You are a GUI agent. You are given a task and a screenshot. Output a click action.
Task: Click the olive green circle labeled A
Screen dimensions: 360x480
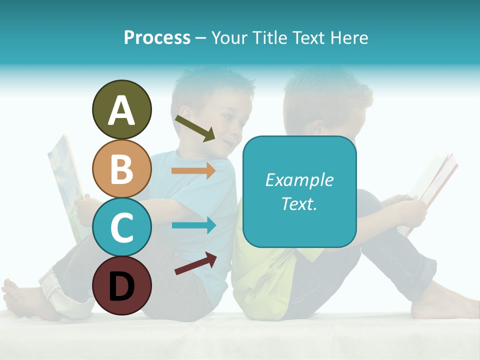(x=121, y=109)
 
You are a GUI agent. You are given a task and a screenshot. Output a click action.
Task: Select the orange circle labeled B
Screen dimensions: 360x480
(x=121, y=168)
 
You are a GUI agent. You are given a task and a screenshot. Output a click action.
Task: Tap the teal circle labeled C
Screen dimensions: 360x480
(x=121, y=227)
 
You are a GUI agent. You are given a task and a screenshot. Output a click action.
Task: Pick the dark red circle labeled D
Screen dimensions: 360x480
(x=121, y=285)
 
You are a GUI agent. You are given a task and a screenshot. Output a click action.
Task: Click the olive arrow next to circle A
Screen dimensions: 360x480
(x=195, y=128)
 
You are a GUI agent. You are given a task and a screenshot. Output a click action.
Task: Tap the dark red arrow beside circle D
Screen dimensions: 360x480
(x=195, y=263)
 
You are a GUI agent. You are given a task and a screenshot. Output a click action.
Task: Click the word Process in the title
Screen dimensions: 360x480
(x=157, y=37)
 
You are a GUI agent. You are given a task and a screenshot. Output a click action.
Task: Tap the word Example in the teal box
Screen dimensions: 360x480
(x=299, y=180)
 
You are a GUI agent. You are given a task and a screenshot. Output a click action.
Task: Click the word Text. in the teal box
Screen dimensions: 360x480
(x=299, y=203)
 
